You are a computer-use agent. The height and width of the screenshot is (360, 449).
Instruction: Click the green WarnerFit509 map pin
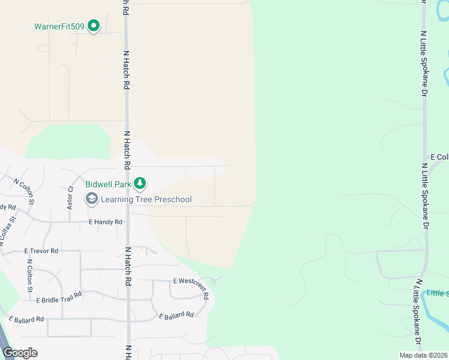point(94,26)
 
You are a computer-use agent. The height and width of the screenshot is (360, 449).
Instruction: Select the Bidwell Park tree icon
point(140,182)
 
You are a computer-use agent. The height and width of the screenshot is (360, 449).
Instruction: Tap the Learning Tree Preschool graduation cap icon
point(92,199)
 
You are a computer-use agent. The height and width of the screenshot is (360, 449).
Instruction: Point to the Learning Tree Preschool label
point(146,199)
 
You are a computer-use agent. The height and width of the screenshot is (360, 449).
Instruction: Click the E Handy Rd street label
point(106,222)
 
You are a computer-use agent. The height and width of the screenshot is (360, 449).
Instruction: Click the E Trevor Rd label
point(41,251)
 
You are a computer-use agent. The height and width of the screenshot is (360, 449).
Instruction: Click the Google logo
point(20,352)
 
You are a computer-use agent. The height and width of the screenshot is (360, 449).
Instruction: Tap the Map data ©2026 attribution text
point(424,355)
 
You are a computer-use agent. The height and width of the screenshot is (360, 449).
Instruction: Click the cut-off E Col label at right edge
point(439,157)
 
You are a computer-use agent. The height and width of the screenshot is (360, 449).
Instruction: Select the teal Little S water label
point(438,293)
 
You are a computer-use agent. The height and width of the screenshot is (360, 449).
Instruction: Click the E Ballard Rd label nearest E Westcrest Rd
point(176,315)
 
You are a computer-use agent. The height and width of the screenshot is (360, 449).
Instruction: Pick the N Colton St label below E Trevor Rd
point(30,275)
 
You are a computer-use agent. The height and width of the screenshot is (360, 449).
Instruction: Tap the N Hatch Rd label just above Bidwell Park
point(127,150)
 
